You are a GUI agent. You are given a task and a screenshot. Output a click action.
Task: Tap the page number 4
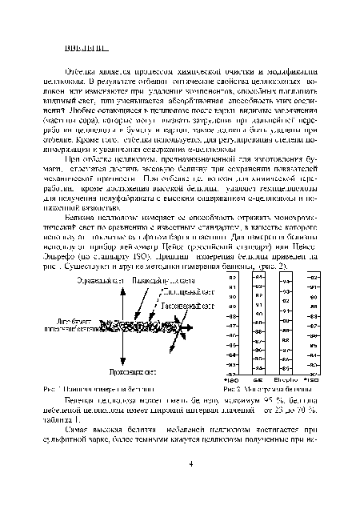[x=190, y=463]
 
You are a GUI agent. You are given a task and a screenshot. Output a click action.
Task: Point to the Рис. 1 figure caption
[x=88, y=387]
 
